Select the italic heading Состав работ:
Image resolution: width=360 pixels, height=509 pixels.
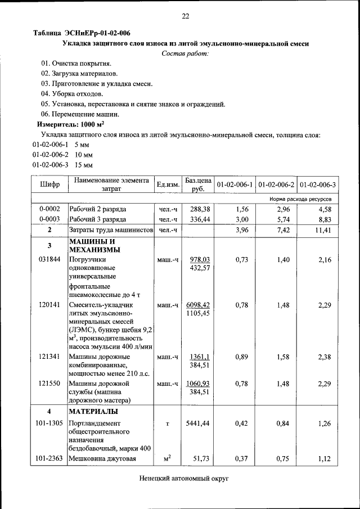[x=184, y=53]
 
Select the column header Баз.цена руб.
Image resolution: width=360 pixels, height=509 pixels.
[x=198, y=184]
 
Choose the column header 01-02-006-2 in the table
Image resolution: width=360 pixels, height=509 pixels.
[x=276, y=184]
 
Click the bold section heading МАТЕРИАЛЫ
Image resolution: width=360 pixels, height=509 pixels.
[x=93, y=411]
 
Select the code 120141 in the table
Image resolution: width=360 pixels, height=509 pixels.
[x=50, y=304]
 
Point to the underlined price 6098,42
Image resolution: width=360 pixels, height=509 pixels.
[x=198, y=304]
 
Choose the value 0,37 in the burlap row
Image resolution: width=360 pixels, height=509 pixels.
[x=241, y=459]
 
